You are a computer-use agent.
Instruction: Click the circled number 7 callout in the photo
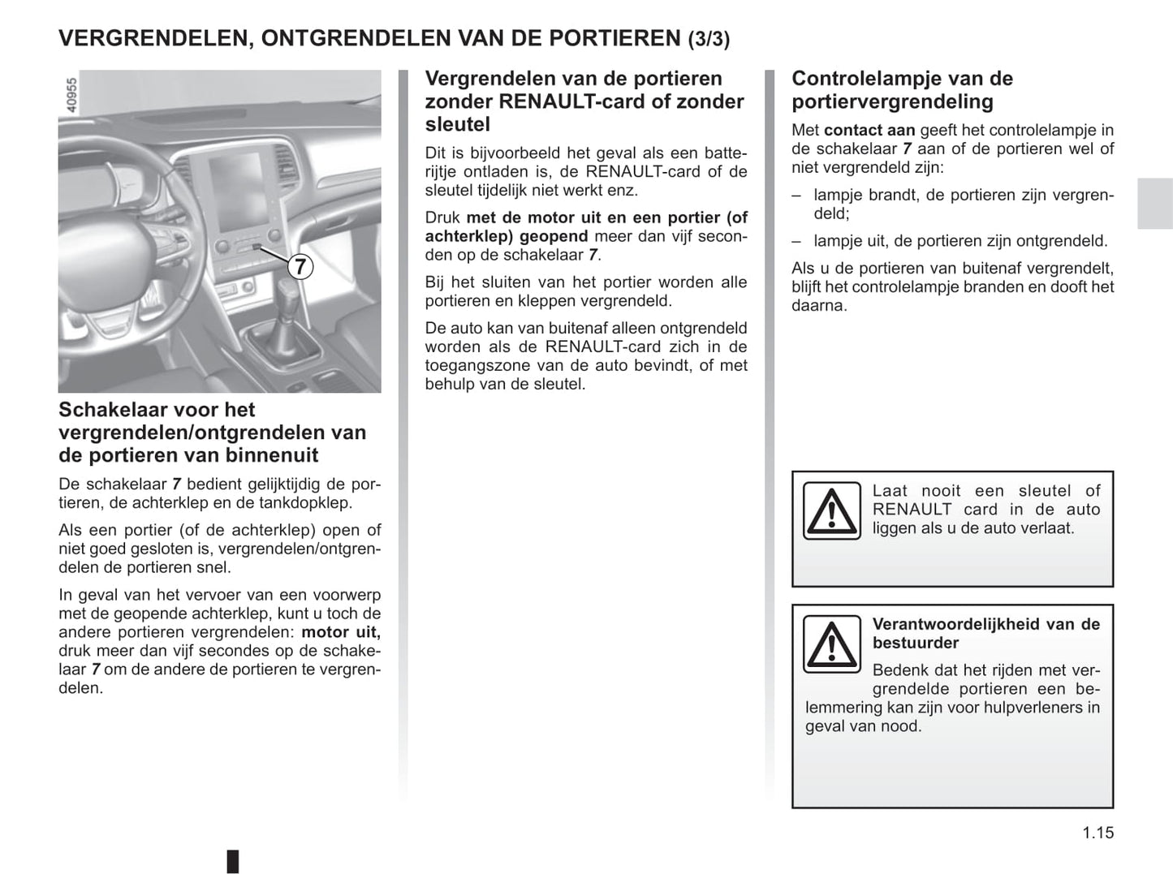point(300,265)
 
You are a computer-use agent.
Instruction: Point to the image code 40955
point(71,95)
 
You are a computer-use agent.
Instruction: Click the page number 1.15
point(1098,833)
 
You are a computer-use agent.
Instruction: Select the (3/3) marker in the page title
point(709,39)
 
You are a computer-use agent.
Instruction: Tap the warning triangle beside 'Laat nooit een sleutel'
point(831,510)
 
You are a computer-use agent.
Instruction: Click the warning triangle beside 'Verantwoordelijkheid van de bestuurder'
point(831,644)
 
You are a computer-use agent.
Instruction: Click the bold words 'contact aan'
point(869,130)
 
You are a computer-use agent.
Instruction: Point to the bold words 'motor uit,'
point(341,632)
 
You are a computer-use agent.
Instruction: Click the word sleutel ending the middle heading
point(457,124)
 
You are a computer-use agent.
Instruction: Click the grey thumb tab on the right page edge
point(1154,203)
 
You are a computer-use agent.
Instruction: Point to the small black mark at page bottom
point(233,860)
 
